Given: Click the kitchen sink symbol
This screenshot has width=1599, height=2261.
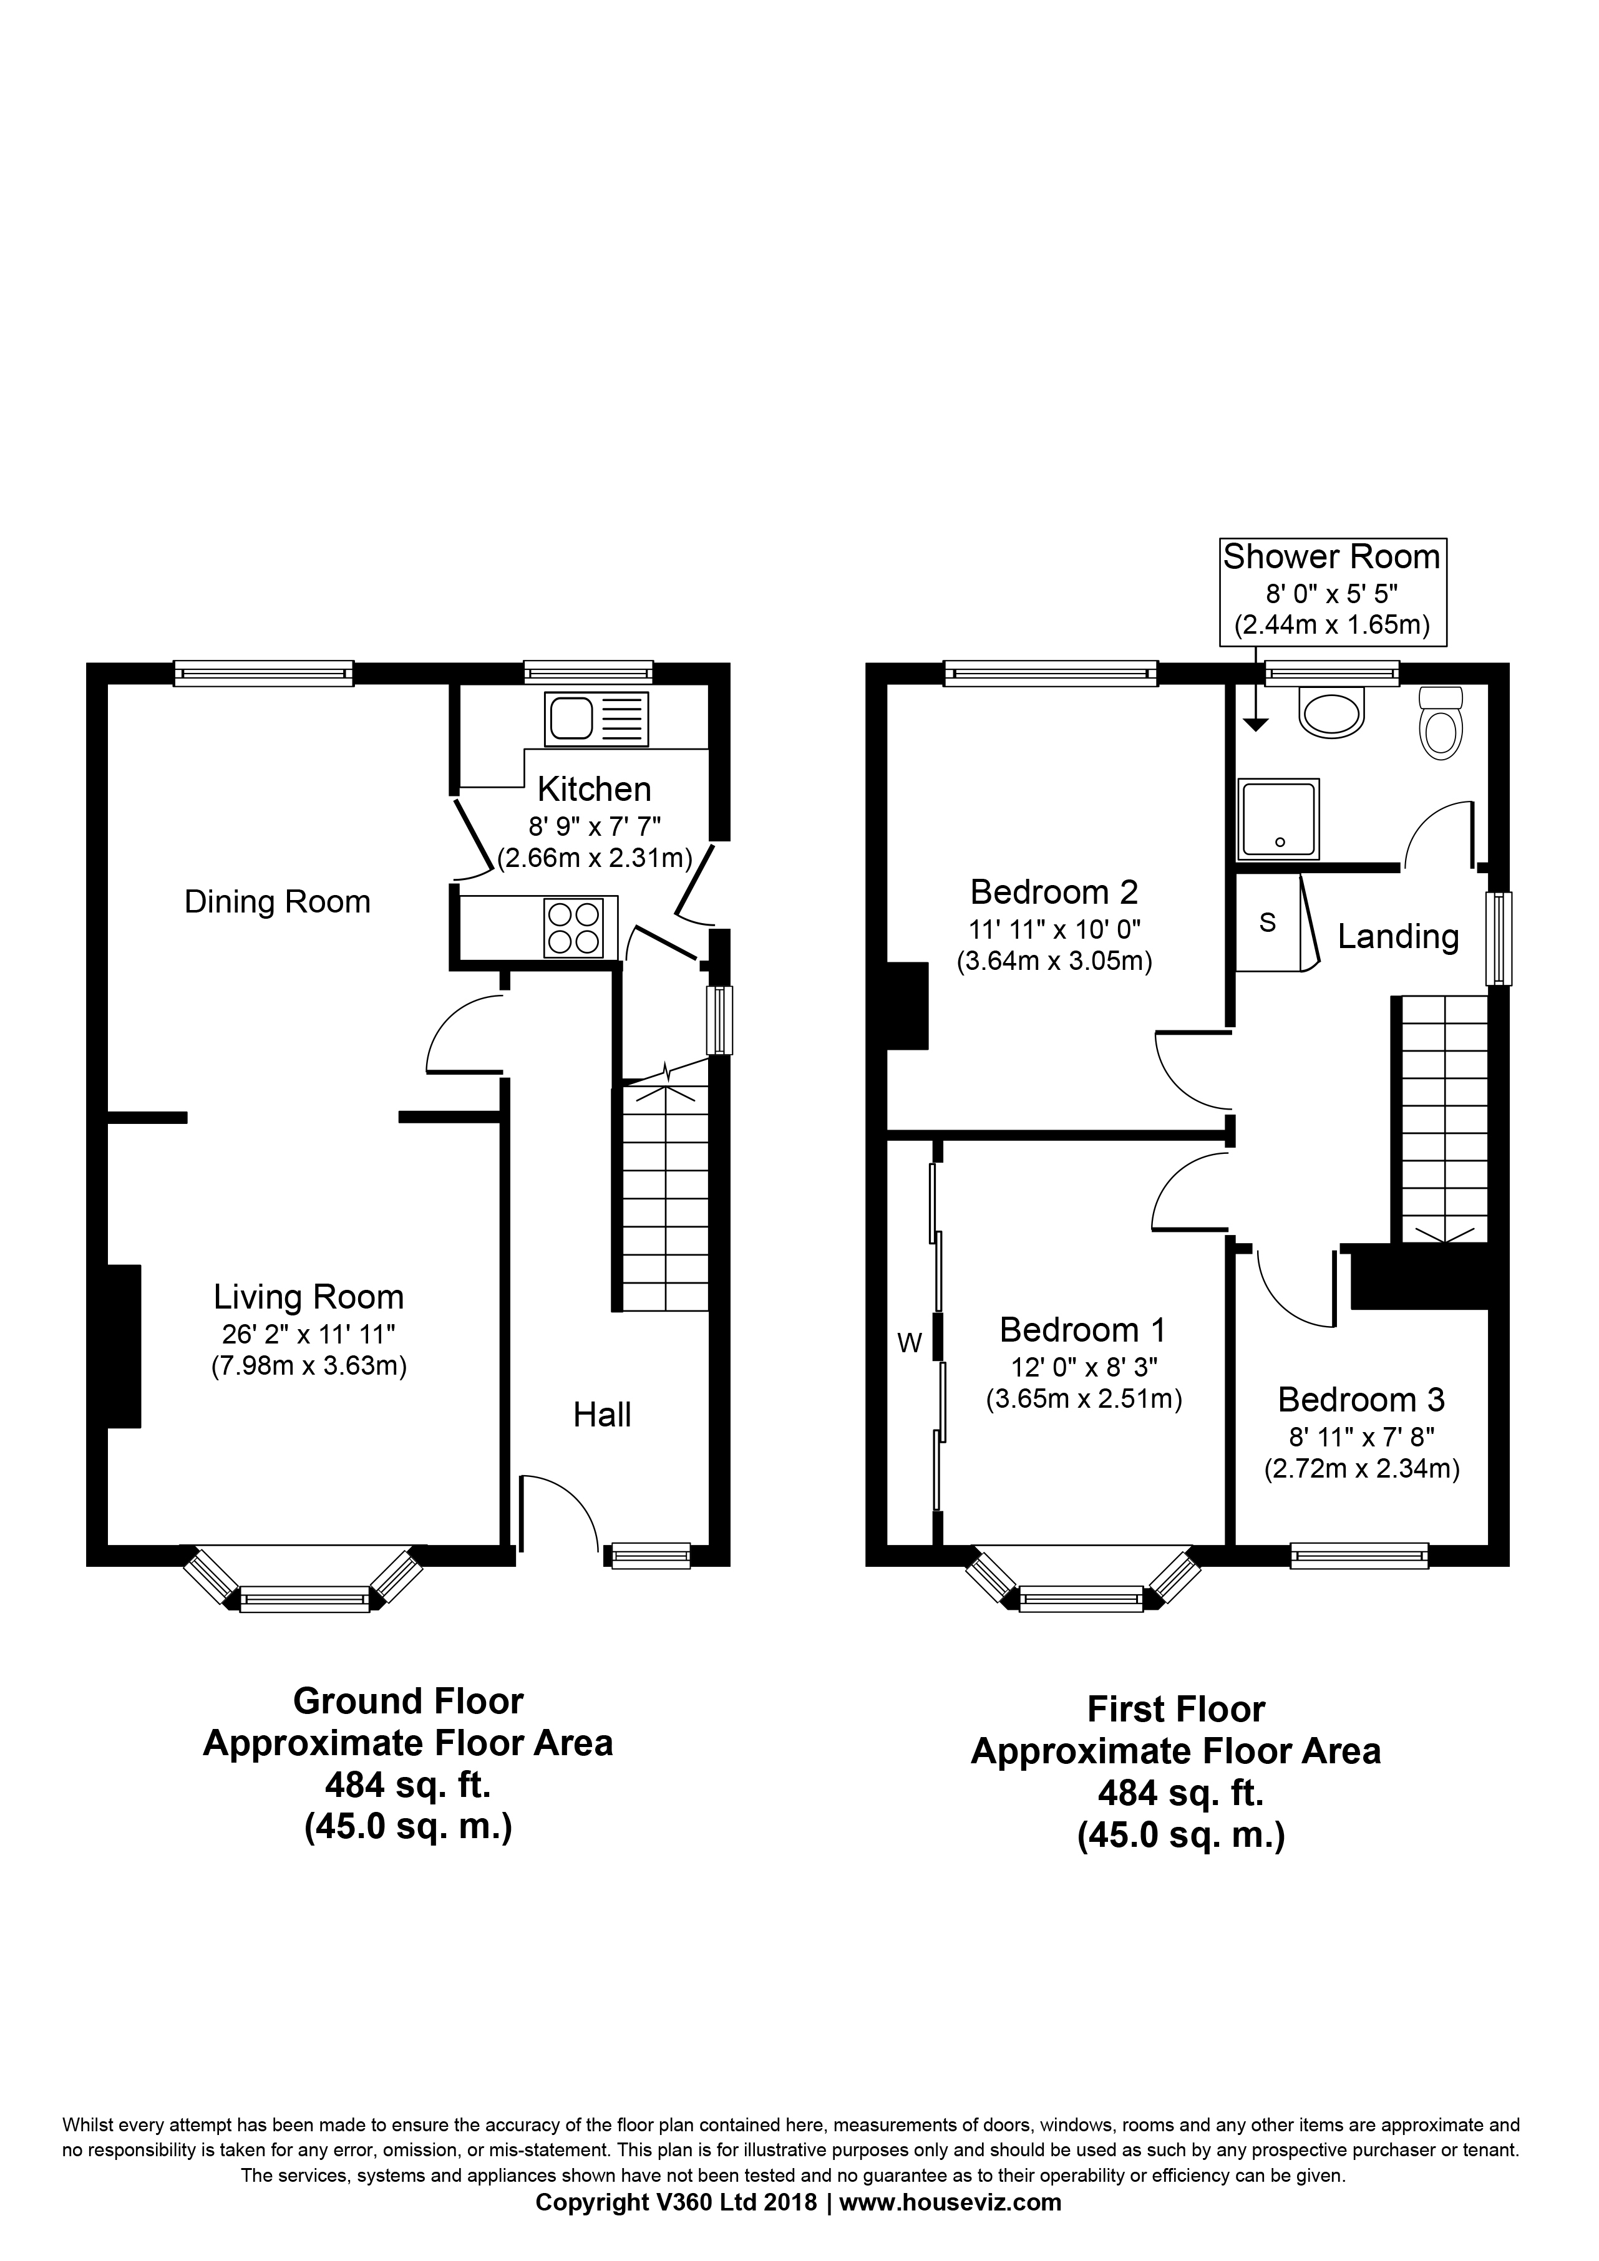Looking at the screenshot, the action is click(x=596, y=719).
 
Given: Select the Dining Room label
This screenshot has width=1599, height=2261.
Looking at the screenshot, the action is click(x=277, y=901).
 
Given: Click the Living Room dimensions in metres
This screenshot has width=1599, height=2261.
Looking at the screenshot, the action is click(x=308, y=1366).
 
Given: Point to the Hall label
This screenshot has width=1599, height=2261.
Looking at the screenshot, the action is click(x=602, y=1415).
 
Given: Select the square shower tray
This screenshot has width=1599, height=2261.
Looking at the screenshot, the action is click(x=1280, y=817).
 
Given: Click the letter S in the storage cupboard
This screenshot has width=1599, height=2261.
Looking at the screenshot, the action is click(x=1268, y=922).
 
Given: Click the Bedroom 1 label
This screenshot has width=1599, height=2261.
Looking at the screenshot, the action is click(x=1082, y=1329).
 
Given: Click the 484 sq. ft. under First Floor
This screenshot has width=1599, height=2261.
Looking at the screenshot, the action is click(x=1180, y=1793).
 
